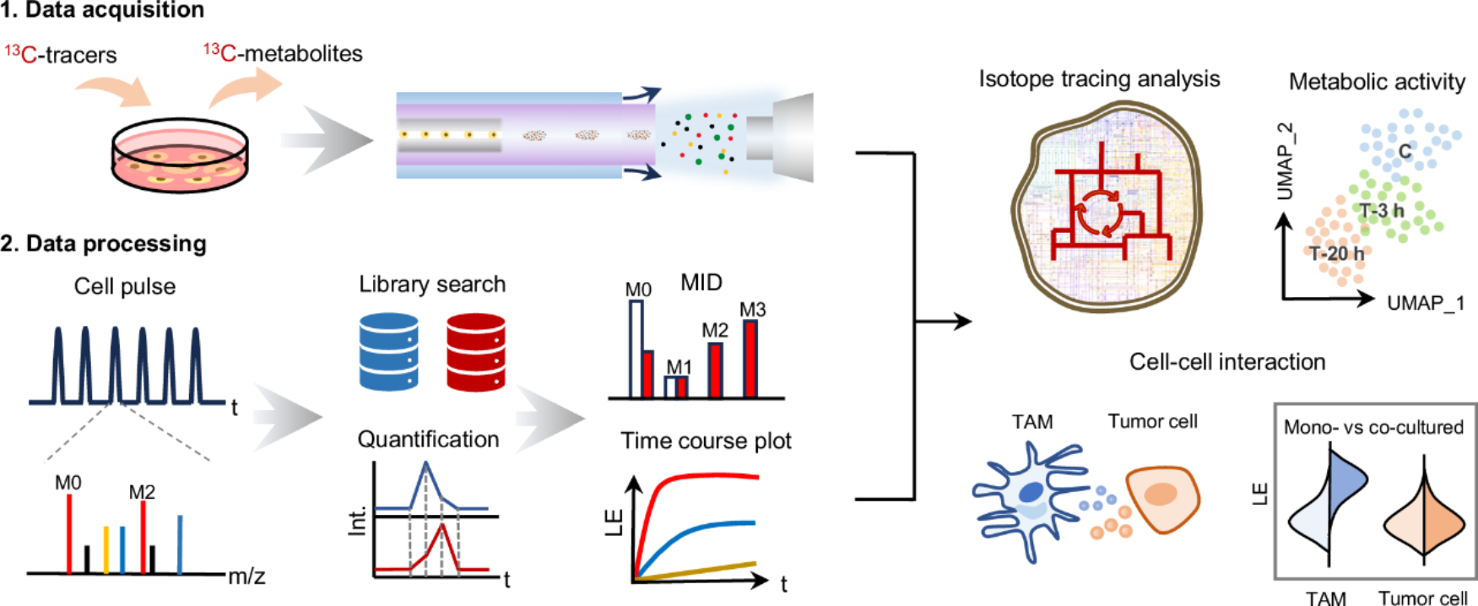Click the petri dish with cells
click(x=180, y=155)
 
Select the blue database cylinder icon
click(x=388, y=351)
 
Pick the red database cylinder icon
click(x=475, y=351)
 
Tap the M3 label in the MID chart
click(x=752, y=310)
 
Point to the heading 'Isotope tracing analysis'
click(x=1099, y=79)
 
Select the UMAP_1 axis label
click(x=1426, y=303)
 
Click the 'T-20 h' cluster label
click(x=1336, y=253)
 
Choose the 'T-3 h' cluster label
click(x=1382, y=210)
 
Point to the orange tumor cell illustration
click(x=1163, y=497)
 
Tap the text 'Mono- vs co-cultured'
click(x=1373, y=427)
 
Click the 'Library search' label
click(x=432, y=284)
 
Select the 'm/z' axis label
click(x=246, y=576)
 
